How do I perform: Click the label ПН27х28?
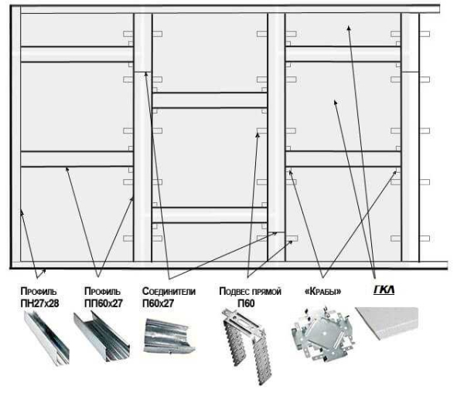[39, 303]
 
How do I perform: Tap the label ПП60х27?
[102, 303]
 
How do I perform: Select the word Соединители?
[169, 292]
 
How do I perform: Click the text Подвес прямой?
[250, 292]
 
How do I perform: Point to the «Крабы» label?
[322, 292]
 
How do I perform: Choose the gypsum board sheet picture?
[387, 323]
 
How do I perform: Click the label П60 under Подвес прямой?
[246, 303]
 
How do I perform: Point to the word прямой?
[266, 292]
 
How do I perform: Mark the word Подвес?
[234, 292]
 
